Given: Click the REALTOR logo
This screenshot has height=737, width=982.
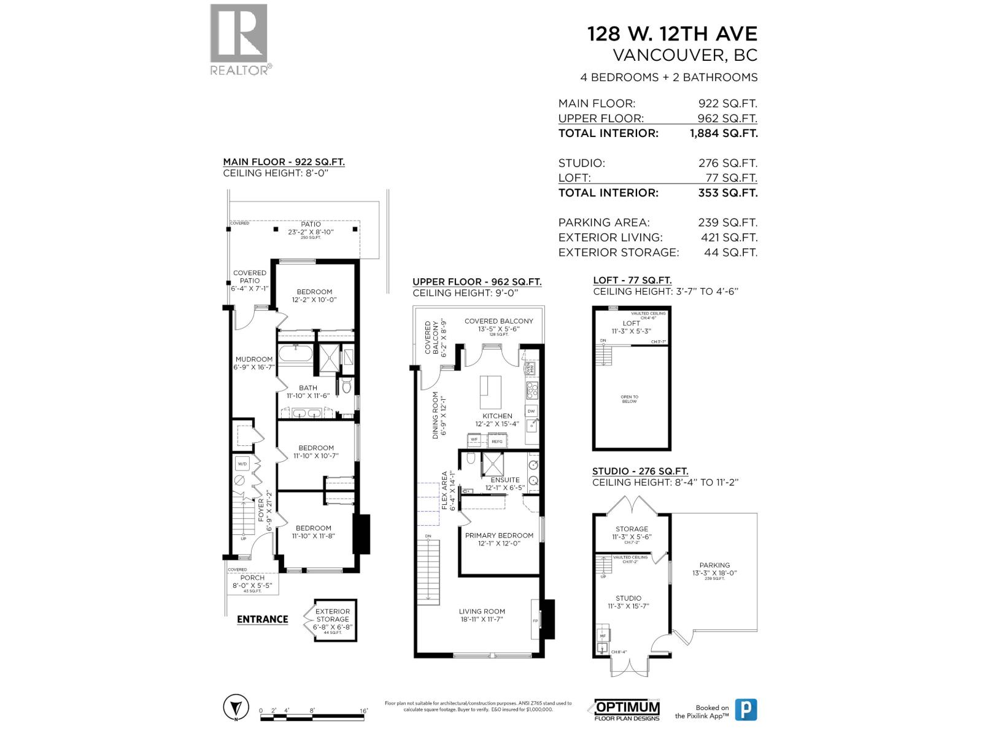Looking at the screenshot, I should pyautogui.click(x=239, y=39).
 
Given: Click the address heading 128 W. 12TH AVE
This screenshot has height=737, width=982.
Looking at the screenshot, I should pyautogui.click(x=672, y=34).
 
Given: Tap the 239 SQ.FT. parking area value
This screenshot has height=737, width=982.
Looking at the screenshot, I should pyautogui.click(x=727, y=223).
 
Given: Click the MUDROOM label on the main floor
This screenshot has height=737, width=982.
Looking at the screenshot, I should pyautogui.click(x=253, y=359).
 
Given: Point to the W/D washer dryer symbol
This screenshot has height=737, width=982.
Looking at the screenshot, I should pyautogui.click(x=242, y=464).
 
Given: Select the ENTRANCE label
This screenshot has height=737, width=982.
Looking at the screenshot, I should pyautogui.click(x=262, y=619).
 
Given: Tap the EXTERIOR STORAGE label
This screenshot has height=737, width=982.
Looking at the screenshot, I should pyautogui.click(x=333, y=615).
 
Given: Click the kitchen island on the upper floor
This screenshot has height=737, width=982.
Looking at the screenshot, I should pyautogui.click(x=490, y=393).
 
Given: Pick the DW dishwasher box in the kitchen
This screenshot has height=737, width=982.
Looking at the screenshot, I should pyautogui.click(x=532, y=411).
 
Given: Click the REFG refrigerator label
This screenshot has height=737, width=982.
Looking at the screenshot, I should pyautogui.click(x=497, y=441).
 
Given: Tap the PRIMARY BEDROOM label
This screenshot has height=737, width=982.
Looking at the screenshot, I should pyautogui.click(x=499, y=536).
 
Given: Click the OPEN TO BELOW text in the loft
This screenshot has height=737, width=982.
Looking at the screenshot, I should pyautogui.click(x=629, y=399).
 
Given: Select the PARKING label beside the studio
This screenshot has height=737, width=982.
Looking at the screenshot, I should pyautogui.click(x=714, y=565).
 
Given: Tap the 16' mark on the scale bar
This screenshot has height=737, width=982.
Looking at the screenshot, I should pyautogui.click(x=364, y=711).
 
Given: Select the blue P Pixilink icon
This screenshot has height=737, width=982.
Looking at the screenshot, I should pyautogui.click(x=746, y=710).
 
